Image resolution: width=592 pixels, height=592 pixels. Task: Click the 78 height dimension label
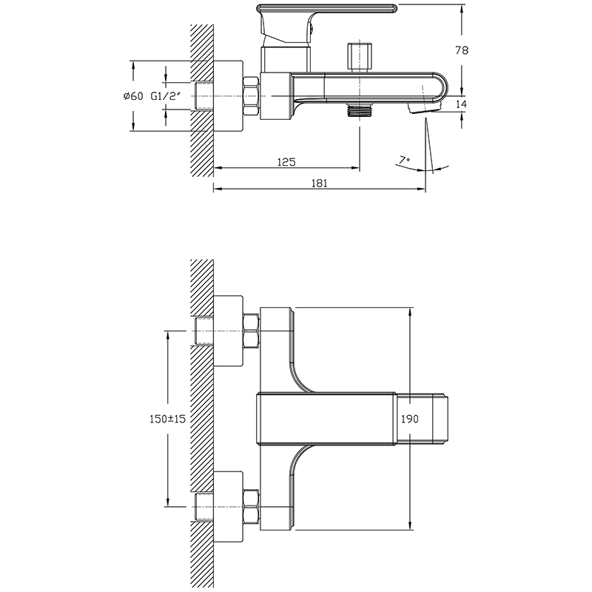click(x=461, y=50)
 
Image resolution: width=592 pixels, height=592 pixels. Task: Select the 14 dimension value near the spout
click(x=461, y=104)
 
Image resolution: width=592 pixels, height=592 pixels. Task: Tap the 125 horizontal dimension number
click(x=286, y=162)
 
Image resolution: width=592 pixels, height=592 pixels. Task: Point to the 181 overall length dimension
click(x=320, y=183)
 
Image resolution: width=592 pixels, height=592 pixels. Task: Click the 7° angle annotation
click(x=404, y=161)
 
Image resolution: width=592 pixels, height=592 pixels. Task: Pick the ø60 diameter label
click(x=133, y=96)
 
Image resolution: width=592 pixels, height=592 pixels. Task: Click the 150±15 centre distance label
click(x=168, y=419)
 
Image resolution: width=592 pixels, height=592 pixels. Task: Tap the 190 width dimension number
click(x=410, y=419)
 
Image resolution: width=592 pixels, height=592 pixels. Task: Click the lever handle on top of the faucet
click(x=326, y=8)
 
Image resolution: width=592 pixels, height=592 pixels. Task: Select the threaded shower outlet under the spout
click(x=359, y=109)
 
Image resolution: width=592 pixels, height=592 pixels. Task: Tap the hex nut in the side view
click(x=252, y=96)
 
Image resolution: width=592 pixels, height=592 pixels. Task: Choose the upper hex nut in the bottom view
click(x=252, y=331)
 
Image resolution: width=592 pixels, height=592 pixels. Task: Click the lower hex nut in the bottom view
click(x=252, y=508)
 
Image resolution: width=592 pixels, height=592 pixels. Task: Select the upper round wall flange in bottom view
click(x=228, y=331)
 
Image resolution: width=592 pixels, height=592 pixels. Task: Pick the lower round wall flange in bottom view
click(x=228, y=508)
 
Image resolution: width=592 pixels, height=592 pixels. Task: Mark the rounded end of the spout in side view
click(x=439, y=87)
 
